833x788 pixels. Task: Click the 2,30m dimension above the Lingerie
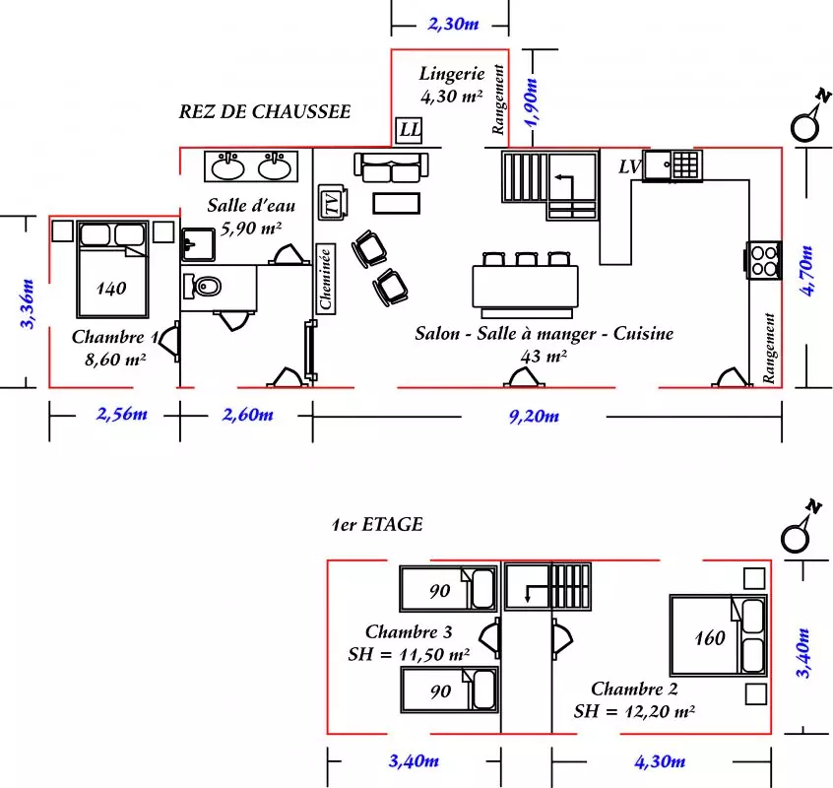453,24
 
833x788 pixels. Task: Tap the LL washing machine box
409,130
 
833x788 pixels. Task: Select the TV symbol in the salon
333,203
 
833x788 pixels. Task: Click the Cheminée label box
326,279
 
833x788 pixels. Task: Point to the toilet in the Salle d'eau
201,288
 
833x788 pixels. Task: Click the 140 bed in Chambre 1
112,269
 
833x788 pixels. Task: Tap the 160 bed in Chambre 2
718,635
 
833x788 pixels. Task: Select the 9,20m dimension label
534,416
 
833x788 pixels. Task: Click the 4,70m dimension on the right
806,271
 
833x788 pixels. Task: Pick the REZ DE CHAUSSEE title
265,111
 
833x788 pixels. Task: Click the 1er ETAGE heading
377,524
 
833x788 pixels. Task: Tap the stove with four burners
763,260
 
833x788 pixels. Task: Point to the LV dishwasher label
630,166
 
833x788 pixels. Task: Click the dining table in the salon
526,286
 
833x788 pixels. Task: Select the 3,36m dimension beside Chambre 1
27,303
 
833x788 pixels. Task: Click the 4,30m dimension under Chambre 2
660,762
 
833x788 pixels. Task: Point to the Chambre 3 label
409,631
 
